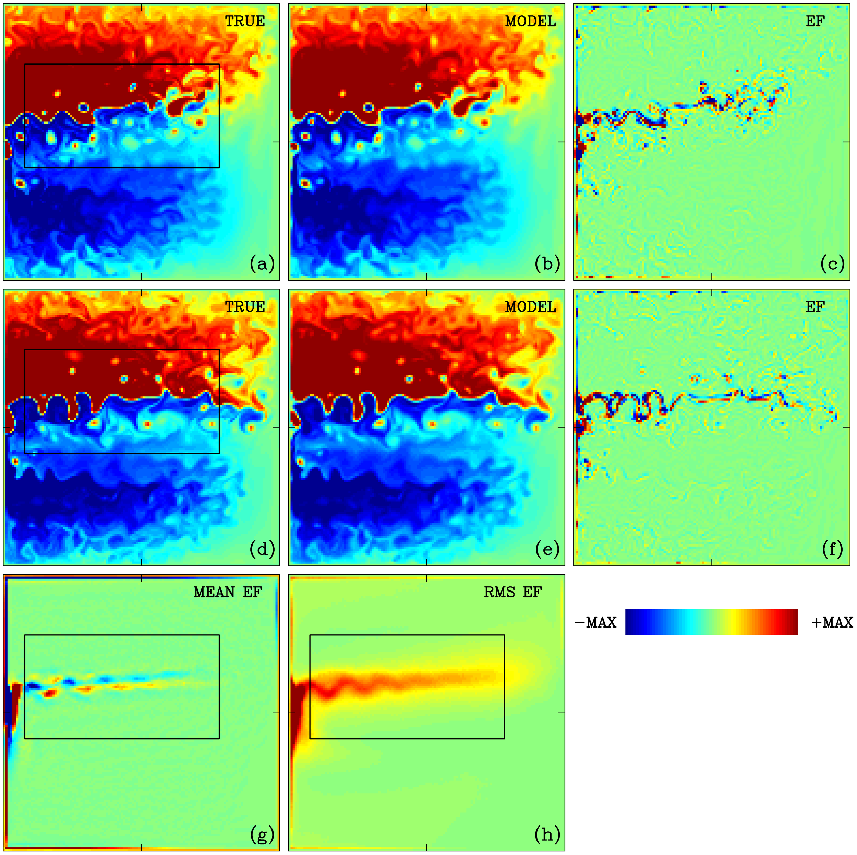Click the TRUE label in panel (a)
pos(245,21)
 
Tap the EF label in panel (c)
pos(815,21)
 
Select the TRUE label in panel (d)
pos(245,307)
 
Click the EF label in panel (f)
pos(815,307)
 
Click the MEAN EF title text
pos(228,592)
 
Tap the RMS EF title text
pos(513,592)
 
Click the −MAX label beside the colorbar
pos(596,623)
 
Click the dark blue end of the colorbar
pos(632,622)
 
